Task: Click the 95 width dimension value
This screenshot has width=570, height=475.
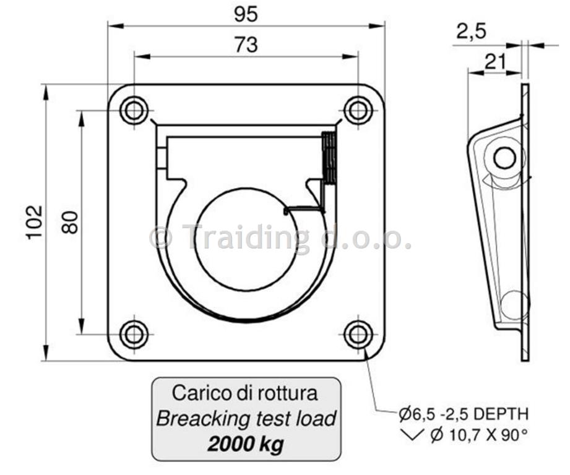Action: [x=246, y=14]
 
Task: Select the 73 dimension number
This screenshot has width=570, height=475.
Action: [x=246, y=45]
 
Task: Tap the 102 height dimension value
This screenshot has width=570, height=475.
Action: [x=35, y=222]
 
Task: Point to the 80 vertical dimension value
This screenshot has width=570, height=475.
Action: [x=69, y=222]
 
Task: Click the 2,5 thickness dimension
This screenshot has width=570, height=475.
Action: [x=471, y=32]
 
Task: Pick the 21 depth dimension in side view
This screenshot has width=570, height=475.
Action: [x=496, y=62]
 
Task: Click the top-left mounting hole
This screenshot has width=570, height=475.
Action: [x=134, y=110]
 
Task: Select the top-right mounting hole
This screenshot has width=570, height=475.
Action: [x=358, y=110]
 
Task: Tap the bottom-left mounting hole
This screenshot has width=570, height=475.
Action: [x=134, y=334]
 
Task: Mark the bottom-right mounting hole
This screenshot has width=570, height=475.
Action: [x=358, y=334]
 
